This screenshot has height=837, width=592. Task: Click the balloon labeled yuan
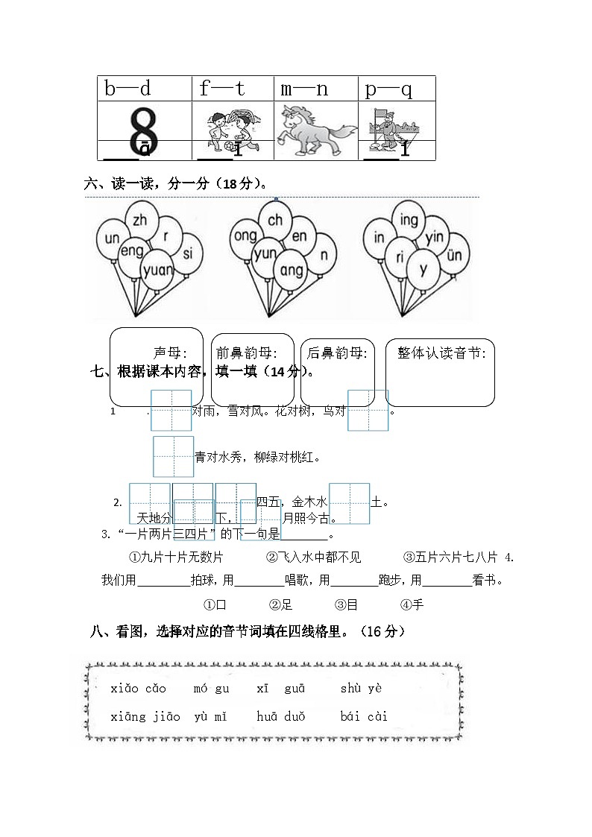tap(157, 270)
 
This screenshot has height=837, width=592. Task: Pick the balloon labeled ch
tap(275, 220)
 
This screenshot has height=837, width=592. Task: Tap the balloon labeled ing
tap(409, 220)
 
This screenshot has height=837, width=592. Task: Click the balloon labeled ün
tap(454, 256)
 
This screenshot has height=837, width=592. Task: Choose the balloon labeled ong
tap(245, 237)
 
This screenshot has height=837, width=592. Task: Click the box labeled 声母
tap(157, 367)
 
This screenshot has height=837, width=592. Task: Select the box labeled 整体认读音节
tap(441, 373)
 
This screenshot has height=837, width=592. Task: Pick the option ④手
tap(412, 604)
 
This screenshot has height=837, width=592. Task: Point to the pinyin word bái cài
tap(364, 717)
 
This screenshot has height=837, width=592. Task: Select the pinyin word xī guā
tap(280, 689)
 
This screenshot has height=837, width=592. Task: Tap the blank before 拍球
tap(163, 581)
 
